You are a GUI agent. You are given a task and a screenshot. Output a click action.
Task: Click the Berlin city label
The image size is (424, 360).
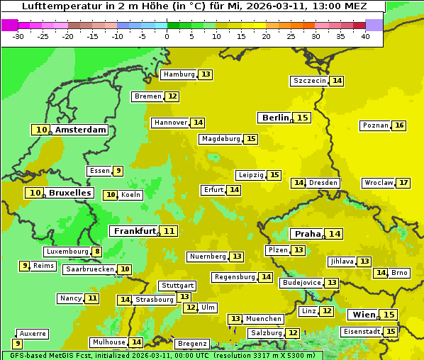tap(275, 118)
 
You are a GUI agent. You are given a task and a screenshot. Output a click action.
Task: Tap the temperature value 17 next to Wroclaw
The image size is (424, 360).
tap(403, 183)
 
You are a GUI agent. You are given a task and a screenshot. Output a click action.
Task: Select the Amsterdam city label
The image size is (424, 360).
tap(80, 130)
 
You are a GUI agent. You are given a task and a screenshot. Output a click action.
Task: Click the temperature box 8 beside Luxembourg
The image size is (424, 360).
tap(97, 252)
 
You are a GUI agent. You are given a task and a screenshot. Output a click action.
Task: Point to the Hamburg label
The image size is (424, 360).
tap(179, 74)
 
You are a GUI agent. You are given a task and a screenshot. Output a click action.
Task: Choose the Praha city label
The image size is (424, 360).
tap(308, 234)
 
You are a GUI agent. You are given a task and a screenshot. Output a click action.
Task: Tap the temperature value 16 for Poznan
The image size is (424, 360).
tap(399, 125)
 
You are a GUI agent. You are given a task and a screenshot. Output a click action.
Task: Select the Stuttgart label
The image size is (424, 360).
tap(177, 286)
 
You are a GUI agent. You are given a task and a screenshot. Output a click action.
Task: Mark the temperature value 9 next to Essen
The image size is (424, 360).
tap(118, 171)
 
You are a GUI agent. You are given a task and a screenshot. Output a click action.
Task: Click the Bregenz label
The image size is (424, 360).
tap(191, 343)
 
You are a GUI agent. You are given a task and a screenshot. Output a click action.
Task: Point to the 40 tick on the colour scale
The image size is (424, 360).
tap(364, 36)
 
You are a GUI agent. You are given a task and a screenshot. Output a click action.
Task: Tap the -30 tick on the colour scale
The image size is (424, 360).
tap(18, 36)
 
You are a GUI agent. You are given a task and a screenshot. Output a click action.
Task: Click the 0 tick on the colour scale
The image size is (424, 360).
tap(167, 36)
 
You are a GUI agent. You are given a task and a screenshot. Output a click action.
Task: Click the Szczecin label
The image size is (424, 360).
tap(310, 81)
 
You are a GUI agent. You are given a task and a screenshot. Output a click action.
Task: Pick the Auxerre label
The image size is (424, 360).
tap(33, 333)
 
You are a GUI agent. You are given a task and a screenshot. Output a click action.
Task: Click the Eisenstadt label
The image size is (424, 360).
tap(361, 332)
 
